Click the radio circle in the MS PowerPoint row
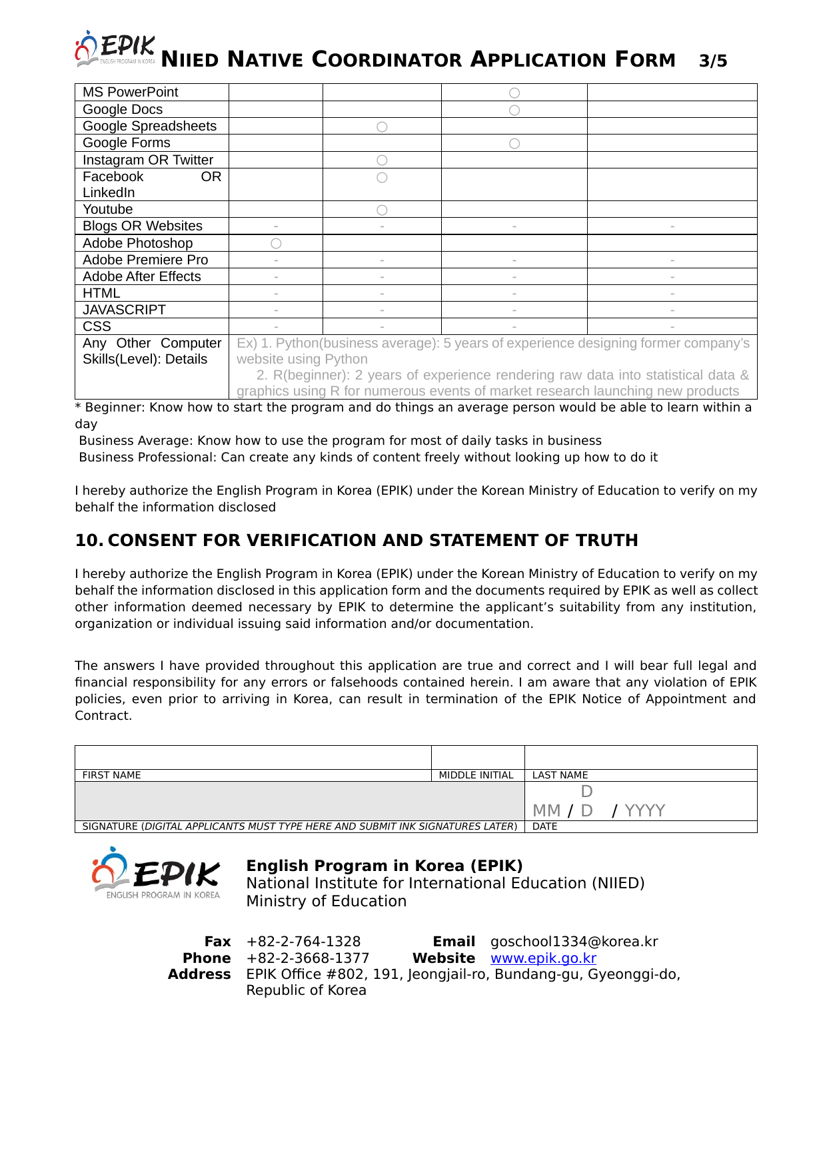(514, 93)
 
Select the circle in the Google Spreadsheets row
(382, 127)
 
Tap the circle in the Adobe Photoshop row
(276, 244)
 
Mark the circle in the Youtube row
(382, 210)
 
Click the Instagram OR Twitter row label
(148, 160)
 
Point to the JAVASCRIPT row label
(124, 310)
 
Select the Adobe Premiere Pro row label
(145, 260)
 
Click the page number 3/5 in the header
(713, 61)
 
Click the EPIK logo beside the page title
(115, 49)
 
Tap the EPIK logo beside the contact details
(156, 873)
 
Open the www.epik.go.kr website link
(543, 958)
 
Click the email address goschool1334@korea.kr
(574, 942)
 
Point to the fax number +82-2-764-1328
(303, 942)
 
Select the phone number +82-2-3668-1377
(308, 958)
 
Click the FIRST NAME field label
(111, 775)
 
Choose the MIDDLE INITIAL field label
(476, 775)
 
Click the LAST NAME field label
(560, 775)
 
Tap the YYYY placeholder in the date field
(644, 810)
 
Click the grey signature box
(300, 801)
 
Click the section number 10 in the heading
(88, 540)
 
